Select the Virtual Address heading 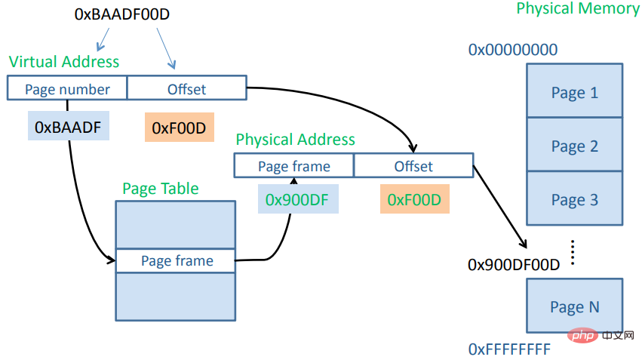coord(64,61)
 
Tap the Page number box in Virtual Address coord(67,89)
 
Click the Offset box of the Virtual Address coord(186,89)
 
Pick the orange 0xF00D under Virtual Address coord(179,128)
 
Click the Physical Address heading coord(295,140)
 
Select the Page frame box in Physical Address coord(293,166)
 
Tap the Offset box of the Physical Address coord(413,166)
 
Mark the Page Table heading coord(161,188)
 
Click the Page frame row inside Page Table coord(177,260)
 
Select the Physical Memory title coord(577,9)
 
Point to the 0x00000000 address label coord(513,50)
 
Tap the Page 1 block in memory coord(574,92)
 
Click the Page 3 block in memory coord(574,199)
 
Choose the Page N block coord(574,306)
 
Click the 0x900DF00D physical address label coord(514,265)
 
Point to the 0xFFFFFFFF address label coord(509,349)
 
